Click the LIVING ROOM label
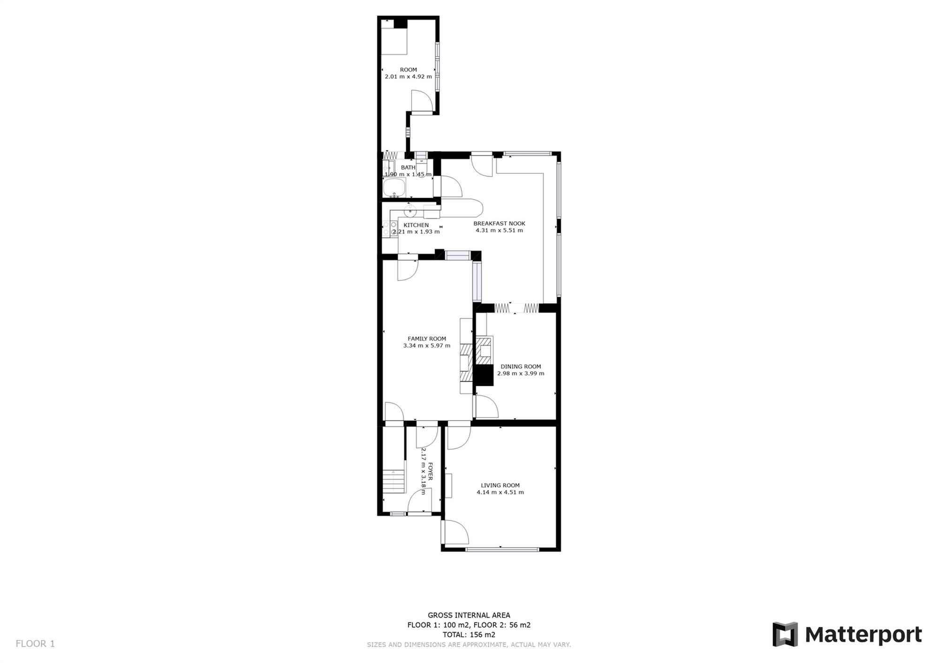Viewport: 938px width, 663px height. [x=500, y=485]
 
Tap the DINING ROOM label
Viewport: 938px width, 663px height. [x=521, y=367]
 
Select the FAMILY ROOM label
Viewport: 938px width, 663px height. [x=427, y=339]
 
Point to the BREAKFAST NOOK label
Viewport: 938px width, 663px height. [x=499, y=224]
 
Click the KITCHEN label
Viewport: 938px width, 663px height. [x=416, y=225]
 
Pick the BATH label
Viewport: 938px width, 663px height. [x=408, y=167]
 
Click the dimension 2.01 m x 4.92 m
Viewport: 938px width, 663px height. [x=408, y=76]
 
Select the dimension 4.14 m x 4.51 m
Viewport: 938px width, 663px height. [x=500, y=492]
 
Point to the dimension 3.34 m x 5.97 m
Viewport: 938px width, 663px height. [x=427, y=346]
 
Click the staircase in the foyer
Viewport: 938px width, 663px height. [x=393, y=481]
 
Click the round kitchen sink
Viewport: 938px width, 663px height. [x=410, y=211]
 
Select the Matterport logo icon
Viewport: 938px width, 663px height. [x=785, y=634]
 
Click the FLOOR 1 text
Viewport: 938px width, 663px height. [x=35, y=644]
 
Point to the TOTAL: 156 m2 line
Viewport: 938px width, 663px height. [x=469, y=635]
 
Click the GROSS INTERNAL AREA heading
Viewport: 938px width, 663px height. [x=469, y=615]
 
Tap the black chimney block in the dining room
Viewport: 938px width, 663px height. [x=484, y=375]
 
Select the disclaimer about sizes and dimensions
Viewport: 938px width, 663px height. [x=469, y=645]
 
